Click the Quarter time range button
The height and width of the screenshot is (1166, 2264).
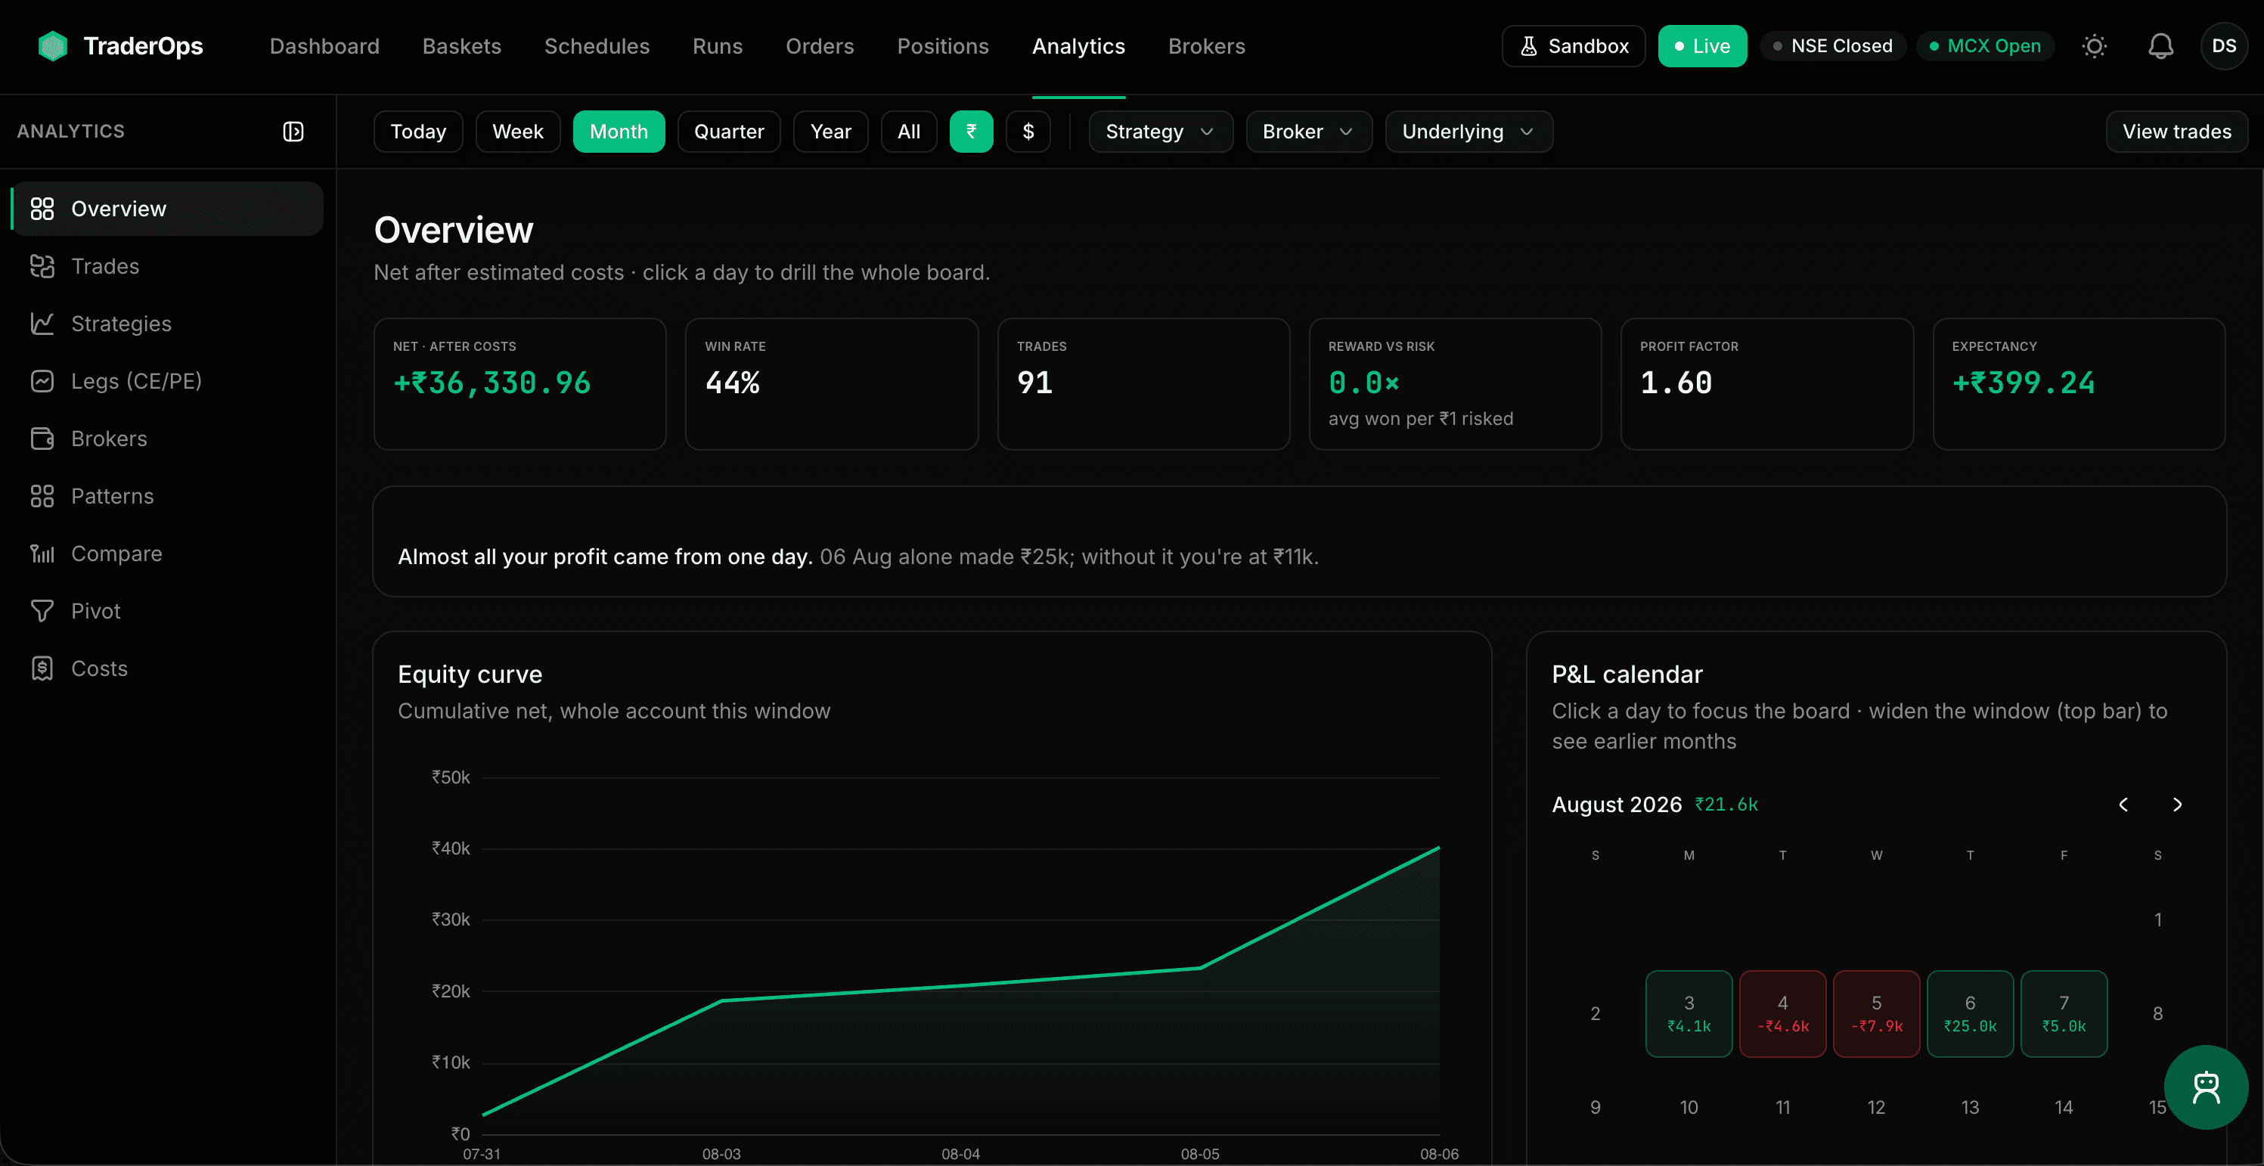click(729, 132)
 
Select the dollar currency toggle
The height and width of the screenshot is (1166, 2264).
click(1028, 132)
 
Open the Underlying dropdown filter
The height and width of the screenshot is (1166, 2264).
click(1468, 132)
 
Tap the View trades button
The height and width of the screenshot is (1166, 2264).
click(2176, 132)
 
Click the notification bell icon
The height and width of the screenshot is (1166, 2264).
click(2160, 45)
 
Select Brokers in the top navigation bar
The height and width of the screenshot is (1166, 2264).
click(1206, 45)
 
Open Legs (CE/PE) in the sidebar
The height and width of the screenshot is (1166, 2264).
click(136, 381)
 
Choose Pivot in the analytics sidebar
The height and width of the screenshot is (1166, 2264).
click(95, 612)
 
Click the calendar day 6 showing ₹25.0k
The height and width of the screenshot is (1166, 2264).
click(1970, 1013)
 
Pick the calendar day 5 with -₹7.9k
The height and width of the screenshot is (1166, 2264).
click(1876, 1013)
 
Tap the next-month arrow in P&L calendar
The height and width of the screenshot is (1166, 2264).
click(2177, 805)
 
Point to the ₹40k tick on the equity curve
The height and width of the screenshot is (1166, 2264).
click(450, 848)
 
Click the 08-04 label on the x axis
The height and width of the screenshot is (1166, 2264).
click(960, 1154)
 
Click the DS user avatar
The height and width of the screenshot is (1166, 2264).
click(2224, 45)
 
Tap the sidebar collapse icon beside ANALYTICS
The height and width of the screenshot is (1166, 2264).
click(293, 132)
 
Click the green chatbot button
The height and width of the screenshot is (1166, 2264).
click(2205, 1087)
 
